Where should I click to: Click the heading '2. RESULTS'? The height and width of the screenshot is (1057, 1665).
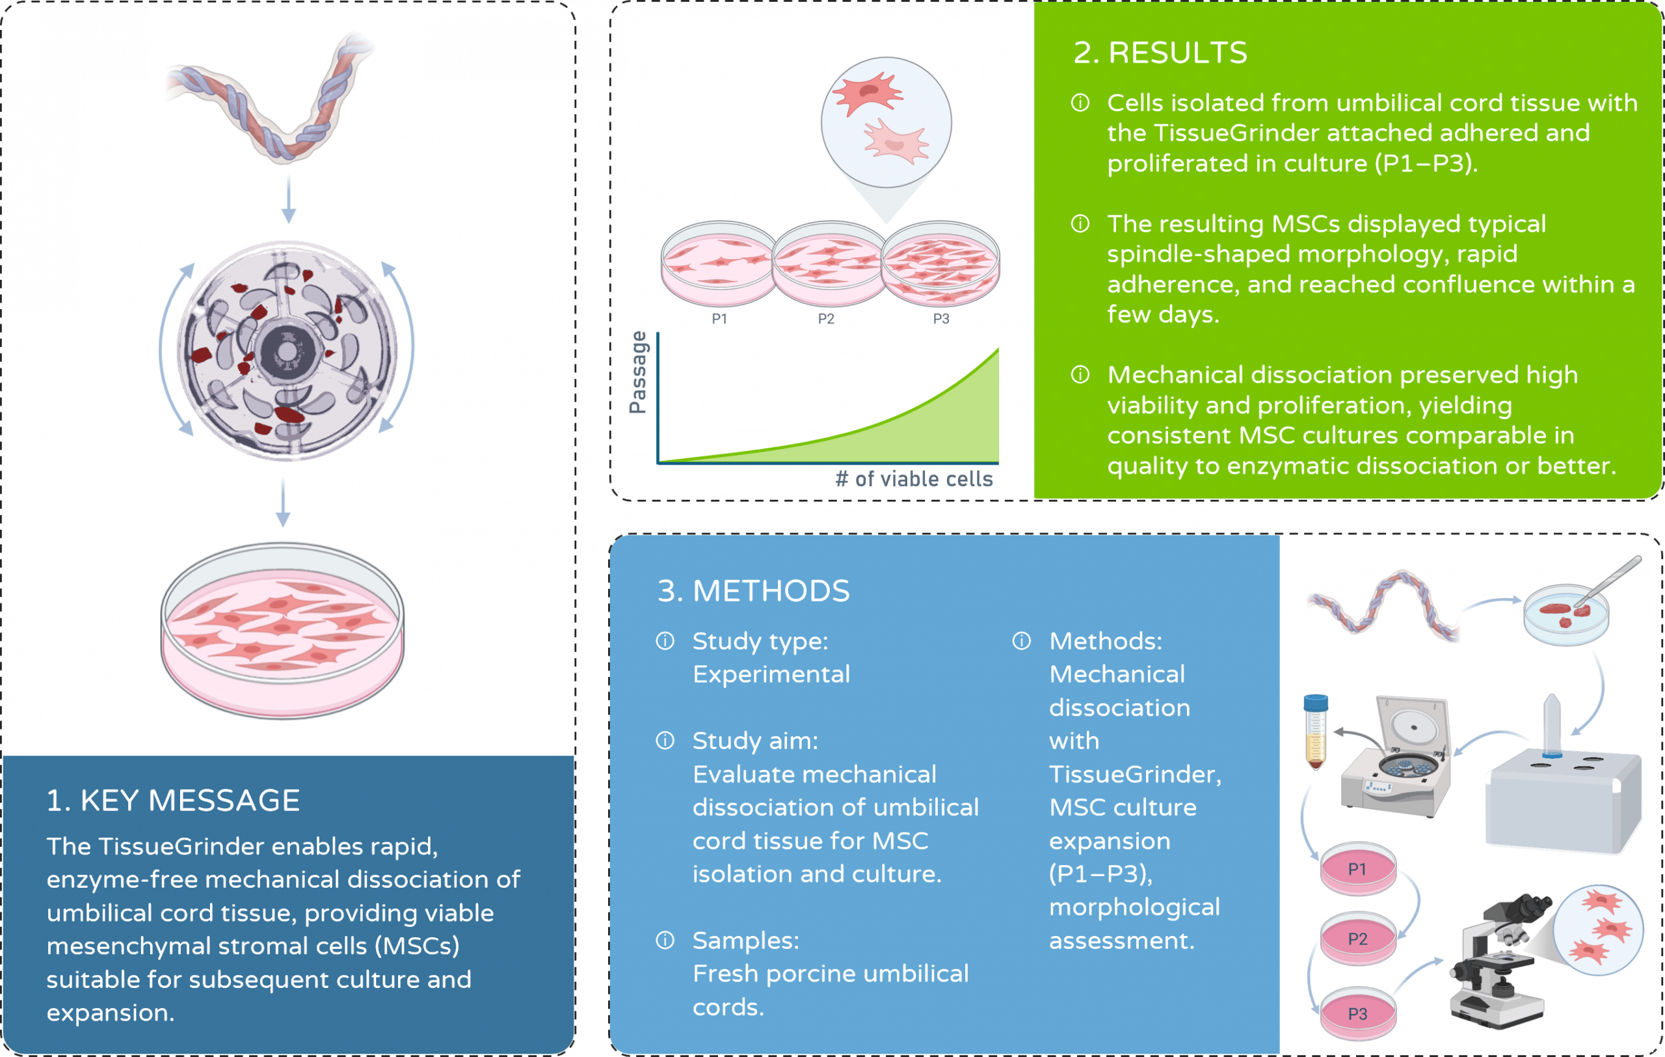pyautogui.click(x=1160, y=53)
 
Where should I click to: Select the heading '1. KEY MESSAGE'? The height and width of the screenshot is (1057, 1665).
pyautogui.click(x=173, y=801)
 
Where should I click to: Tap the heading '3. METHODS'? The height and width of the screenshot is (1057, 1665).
pyautogui.click(x=753, y=592)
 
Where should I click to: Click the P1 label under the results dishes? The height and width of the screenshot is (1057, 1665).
pyautogui.click(x=719, y=319)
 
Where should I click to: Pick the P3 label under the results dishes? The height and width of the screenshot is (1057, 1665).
pyautogui.click(x=941, y=319)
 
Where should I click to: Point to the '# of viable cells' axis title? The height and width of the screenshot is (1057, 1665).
pyautogui.click(x=913, y=478)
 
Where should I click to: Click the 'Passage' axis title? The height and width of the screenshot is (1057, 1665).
pyautogui.click(x=639, y=373)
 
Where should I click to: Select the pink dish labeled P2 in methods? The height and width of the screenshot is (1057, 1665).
pyautogui.click(x=1358, y=939)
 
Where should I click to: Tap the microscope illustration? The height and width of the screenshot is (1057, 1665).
pyautogui.click(x=1500, y=961)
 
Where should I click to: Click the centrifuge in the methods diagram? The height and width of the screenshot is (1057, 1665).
pyautogui.click(x=1397, y=761)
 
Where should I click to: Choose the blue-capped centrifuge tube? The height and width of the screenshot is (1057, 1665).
pyautogui.click(x=1315, y=734)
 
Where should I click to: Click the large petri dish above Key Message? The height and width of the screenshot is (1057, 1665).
pyautogui.click(x=282, y=629)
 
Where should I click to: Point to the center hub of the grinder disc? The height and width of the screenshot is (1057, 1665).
pyautogui.click(x=286, y=350)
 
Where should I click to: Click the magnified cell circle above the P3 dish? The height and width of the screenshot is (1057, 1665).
pyautogui.click(x=886, y=122)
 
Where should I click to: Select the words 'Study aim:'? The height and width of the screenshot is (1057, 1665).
pyautogui.click(x=755, y=741)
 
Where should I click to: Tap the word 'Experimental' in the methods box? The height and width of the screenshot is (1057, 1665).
pyautogui.click(x=771, y=674)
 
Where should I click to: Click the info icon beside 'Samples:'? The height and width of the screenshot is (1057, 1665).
pyautogui.click(x=665, y=940)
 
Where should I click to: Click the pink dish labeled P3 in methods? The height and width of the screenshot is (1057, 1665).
pyautogui.click(x=1358, y=1014)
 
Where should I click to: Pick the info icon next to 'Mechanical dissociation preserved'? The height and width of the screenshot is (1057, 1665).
pyautogui.click(x=1080, y=375)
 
